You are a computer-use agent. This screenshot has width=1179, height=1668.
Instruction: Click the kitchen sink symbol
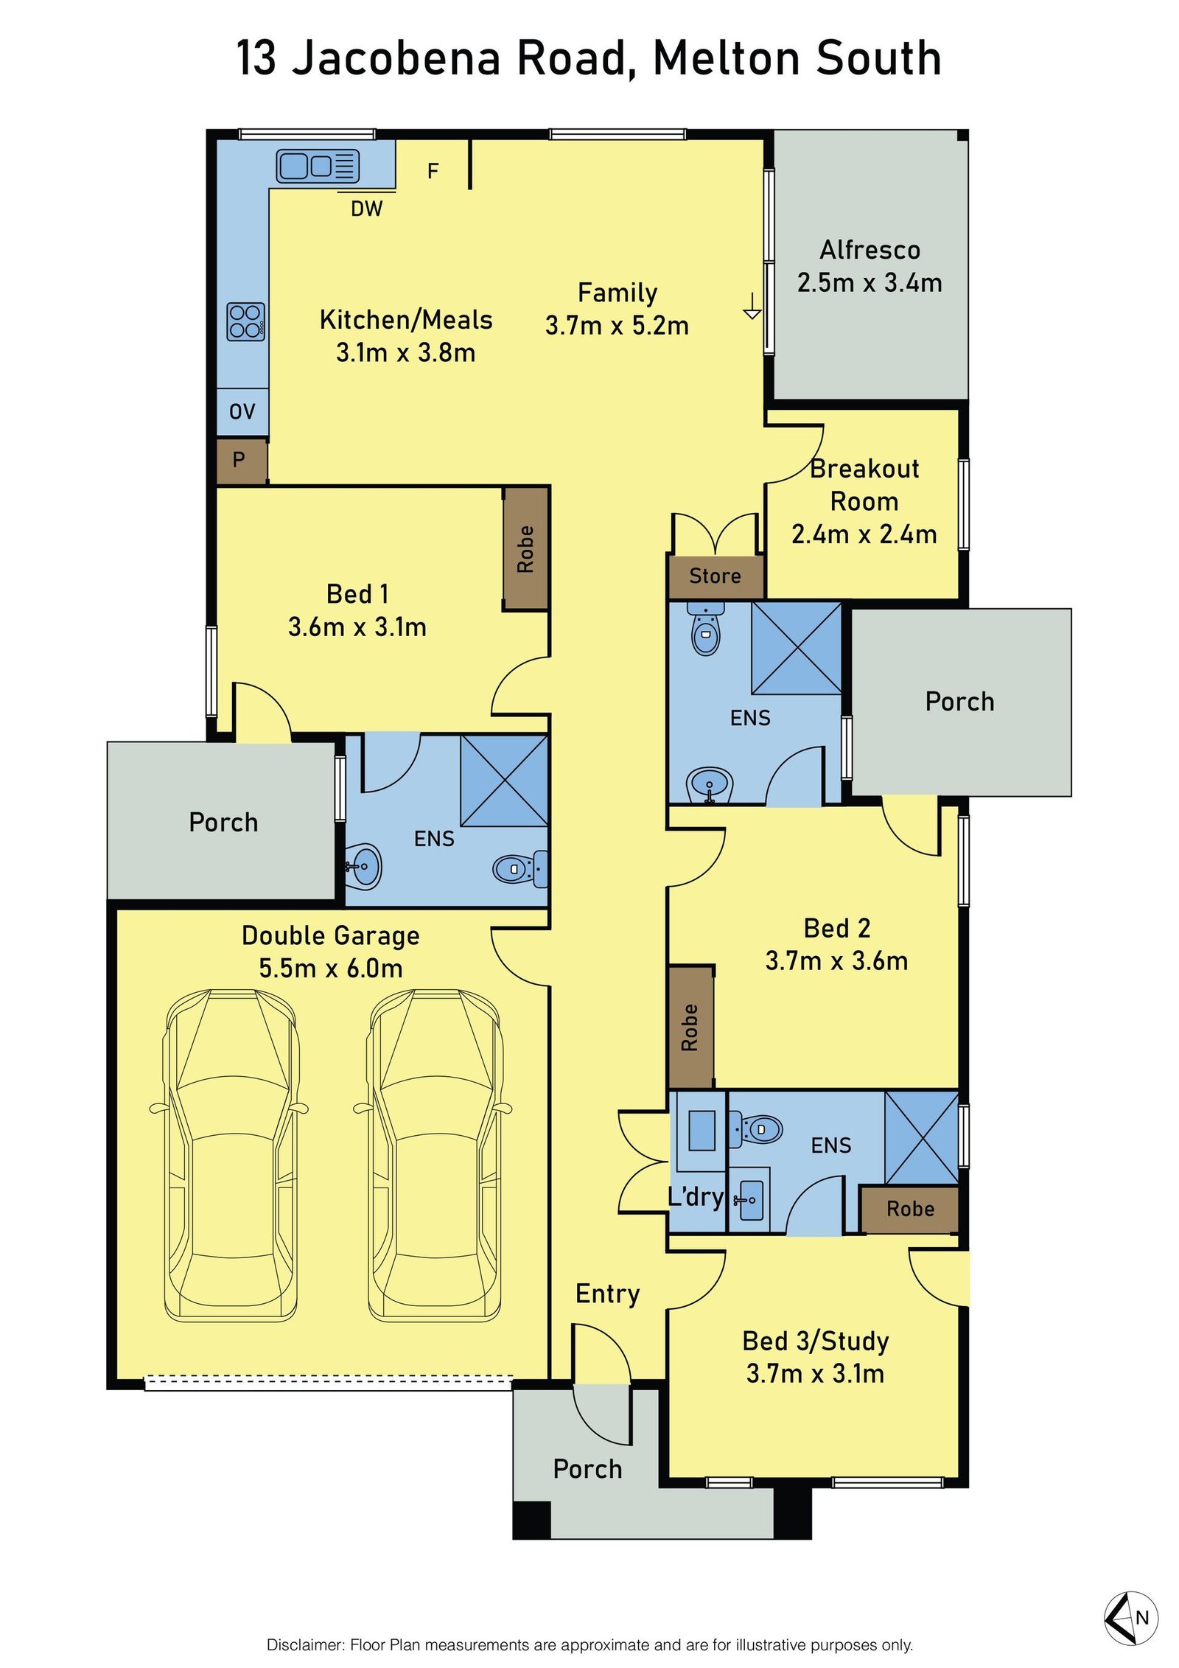point(318,166)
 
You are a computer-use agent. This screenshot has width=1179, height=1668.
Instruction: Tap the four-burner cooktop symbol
point(245,321)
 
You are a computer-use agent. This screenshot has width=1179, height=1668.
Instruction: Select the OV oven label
point(242,411)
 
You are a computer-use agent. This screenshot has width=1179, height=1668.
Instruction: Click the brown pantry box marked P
point(242,461)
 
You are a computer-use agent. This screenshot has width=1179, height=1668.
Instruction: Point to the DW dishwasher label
point(366,209)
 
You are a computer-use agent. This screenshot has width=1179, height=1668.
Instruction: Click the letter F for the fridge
point(433,171)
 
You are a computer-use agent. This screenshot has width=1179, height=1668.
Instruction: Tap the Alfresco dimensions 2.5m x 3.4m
point(870,282)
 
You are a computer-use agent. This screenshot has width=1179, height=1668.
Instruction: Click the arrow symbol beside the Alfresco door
point(752,305)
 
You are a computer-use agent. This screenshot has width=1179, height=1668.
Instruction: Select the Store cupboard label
point(715,576)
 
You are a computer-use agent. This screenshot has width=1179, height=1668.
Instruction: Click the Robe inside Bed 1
point(525,549)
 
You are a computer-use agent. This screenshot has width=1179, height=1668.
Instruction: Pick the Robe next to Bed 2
point(690,1027)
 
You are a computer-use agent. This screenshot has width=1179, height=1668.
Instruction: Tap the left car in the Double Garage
point(230,1156)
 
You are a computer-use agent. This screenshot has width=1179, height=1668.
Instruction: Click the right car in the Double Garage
point(434,1156)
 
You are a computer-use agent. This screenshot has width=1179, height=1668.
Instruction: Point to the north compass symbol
point(1131,1618)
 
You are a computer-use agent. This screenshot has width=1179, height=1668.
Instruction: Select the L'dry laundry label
point(696,1196)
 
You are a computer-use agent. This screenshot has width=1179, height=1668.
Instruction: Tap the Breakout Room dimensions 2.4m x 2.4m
point(864,534)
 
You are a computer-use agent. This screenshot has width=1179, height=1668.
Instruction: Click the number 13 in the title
point(256,58)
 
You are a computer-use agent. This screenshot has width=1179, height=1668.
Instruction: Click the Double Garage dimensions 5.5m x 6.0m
point(331,968)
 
